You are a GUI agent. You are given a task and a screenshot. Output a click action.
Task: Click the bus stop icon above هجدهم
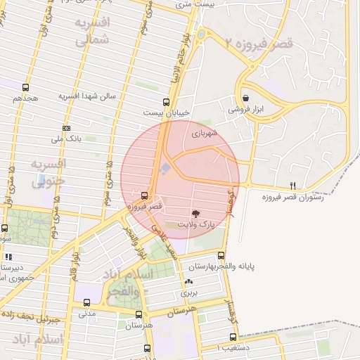(x=26, y=88)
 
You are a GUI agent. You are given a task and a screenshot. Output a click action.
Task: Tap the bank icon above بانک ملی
(x=66, y=128)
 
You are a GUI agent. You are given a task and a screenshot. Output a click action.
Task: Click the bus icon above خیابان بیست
(x=166, y=101)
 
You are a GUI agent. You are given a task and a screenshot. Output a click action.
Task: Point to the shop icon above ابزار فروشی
(x=245, y=98)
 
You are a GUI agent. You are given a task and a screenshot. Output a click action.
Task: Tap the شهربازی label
(x=205, y=131)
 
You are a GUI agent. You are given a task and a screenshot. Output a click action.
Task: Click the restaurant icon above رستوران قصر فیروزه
(x=292, y=186)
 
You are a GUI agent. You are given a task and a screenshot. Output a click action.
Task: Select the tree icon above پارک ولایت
(x=195, y=212)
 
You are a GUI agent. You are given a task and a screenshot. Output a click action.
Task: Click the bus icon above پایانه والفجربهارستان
(x=221, y=255)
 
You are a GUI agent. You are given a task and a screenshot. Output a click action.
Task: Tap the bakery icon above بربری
(x=188, y=281)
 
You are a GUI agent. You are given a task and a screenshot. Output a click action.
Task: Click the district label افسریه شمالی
(x=93, y=31)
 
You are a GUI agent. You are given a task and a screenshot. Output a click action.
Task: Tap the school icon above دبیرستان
(x=9, y=257)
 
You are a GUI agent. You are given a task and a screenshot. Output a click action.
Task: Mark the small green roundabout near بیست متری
(x=200, y=33)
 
